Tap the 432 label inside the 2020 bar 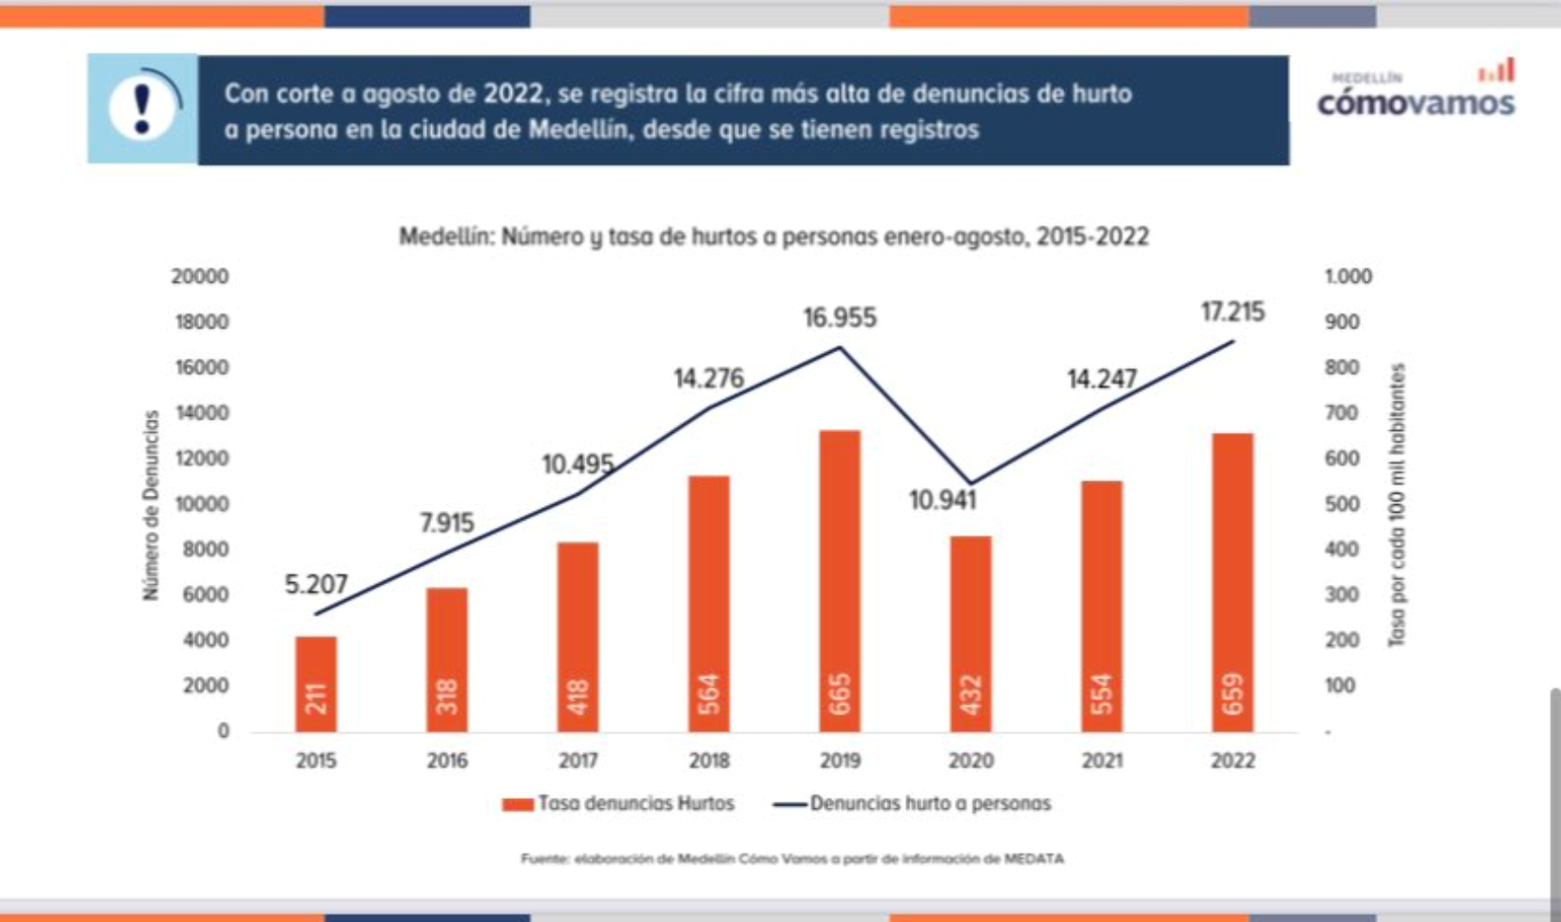pyautogui.click(x=971, y=696)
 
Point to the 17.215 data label pyautogui.click(x=1232, y=312)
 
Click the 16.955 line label pyautogui.click(x=840, y=318)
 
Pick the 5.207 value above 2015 pyautogui.click(x=316, y=585)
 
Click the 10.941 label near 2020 pyautogui.click(x=943, y=500)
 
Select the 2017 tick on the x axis pyautogui.click(x=578, y=761)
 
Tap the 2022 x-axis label pyautogui.click(x=1232, y=761)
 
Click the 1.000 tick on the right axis pyautogui.click(x=1348, y=277)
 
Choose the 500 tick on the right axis pyautogui.click(x=1341, y=504)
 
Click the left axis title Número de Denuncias pyautogui.click(x=151, y=505)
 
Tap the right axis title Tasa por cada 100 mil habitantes pyautogui.click(x=1397, y=505)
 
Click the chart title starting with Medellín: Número pyautogui.click(x=774, y=237)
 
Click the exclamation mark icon pyautogui.click(x=143, y=109)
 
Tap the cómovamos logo pyautogui.click(x=1415, y=94)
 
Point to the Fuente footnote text pyautogui.click(x=792, y=858)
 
